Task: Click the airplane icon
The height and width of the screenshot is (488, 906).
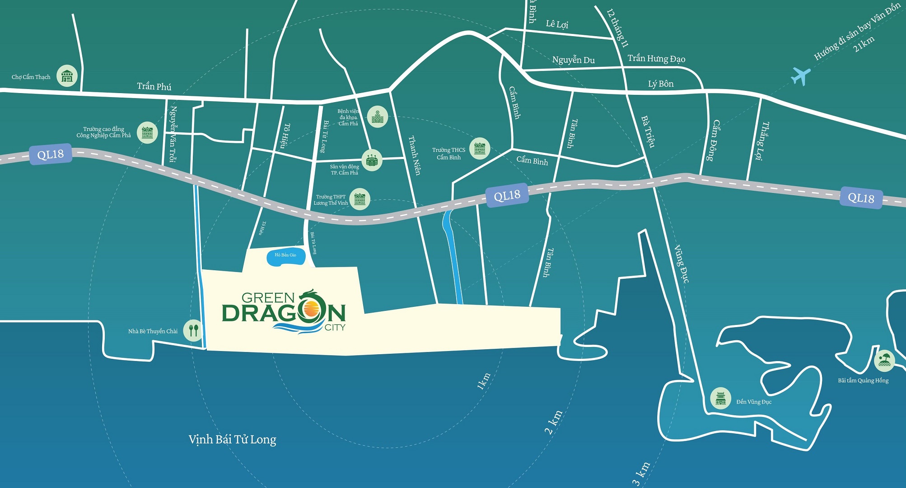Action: (x=801, y=75)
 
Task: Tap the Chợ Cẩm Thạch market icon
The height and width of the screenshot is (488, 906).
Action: (x=67, y=76)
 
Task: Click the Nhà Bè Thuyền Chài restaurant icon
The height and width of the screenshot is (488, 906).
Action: (x=193, y=330)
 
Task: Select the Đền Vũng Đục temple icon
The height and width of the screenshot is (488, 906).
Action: (x=720, y=399)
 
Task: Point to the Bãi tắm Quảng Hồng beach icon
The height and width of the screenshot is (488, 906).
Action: (x=884, y=361)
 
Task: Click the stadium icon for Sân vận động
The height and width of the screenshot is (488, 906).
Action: (x=372, y=160)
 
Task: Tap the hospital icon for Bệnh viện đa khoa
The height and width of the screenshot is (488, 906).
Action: (x=377, y=117)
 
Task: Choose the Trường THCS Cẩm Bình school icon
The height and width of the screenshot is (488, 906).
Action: (x=480, y=148)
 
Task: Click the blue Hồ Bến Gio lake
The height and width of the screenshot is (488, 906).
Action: (x=285, y=256)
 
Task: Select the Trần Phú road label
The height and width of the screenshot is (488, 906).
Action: (x=154, y=86)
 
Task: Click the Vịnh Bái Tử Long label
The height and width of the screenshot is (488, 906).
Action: (x=232, y=439)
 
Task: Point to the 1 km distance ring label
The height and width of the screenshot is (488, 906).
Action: (x=483, y=381)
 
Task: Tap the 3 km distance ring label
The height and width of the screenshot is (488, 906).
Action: (x=641, y=474)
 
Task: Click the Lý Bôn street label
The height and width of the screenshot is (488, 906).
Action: (x=660, y=84)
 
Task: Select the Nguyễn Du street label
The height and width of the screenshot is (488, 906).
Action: (x=573, y=60)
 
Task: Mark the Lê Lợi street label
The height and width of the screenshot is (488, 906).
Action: (x=557, y=24)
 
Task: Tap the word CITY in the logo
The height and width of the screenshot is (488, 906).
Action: (x=335, y=328)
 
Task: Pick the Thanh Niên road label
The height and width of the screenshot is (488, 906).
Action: (x=415, y=155)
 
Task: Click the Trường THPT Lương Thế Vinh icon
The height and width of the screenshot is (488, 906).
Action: (x=360, y=199)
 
